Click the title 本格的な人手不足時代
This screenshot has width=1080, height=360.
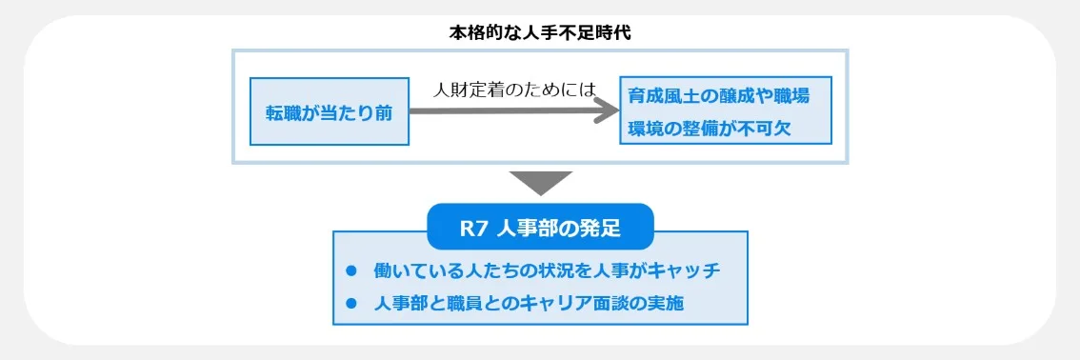(540, 31)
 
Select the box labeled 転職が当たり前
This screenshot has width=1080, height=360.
(330, 111)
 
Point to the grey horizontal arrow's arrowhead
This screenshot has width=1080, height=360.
(606, 110)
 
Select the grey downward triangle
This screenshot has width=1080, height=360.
(540, 182)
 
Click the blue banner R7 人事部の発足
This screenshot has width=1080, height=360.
(540, 228)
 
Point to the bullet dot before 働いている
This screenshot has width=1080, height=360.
(350, 270)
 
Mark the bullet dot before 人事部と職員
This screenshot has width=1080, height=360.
(350, 303)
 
